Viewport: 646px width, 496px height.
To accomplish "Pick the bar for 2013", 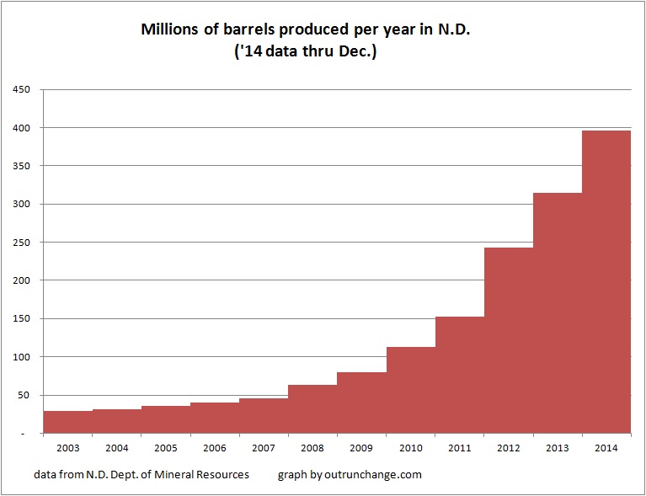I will (557, 312).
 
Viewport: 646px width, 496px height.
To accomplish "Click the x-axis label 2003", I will (67, 447).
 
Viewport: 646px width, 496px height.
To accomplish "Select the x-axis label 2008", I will (312, 447).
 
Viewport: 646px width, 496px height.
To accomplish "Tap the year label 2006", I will (214, 447).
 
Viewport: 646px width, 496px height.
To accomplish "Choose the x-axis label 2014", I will (606, 447).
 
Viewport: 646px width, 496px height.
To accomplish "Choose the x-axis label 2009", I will (361, 447).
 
